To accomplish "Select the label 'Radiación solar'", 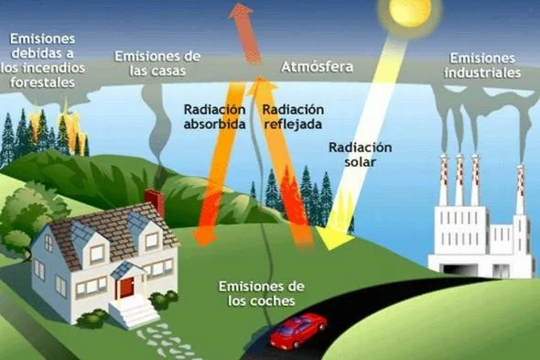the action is click(x=360, y=155).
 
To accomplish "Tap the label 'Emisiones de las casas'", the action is click(x=157, y=63).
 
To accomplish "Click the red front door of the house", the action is click(x=126, y=285).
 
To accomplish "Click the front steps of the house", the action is click(x=138, y=314).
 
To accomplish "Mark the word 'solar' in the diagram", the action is click(x=360, y=164).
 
